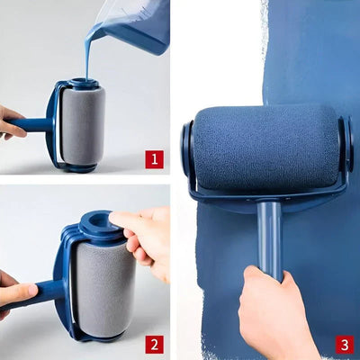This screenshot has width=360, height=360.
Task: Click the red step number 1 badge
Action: [154, 159]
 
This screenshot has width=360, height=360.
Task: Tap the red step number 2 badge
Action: [154, 344]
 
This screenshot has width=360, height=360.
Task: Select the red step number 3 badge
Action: [344, 344]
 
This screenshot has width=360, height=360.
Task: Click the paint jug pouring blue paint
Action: [135, 22]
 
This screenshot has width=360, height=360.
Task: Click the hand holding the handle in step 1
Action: [11, 121]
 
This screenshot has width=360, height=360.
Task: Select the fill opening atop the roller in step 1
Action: [83, 83]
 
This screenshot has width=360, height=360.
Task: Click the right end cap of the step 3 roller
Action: [346, 144]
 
